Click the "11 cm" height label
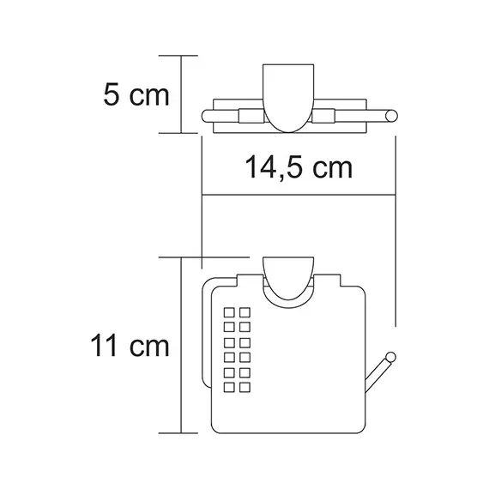[x=131, y=347]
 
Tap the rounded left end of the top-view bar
[x=207, y=116]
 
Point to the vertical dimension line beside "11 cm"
[x=181, y=347]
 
